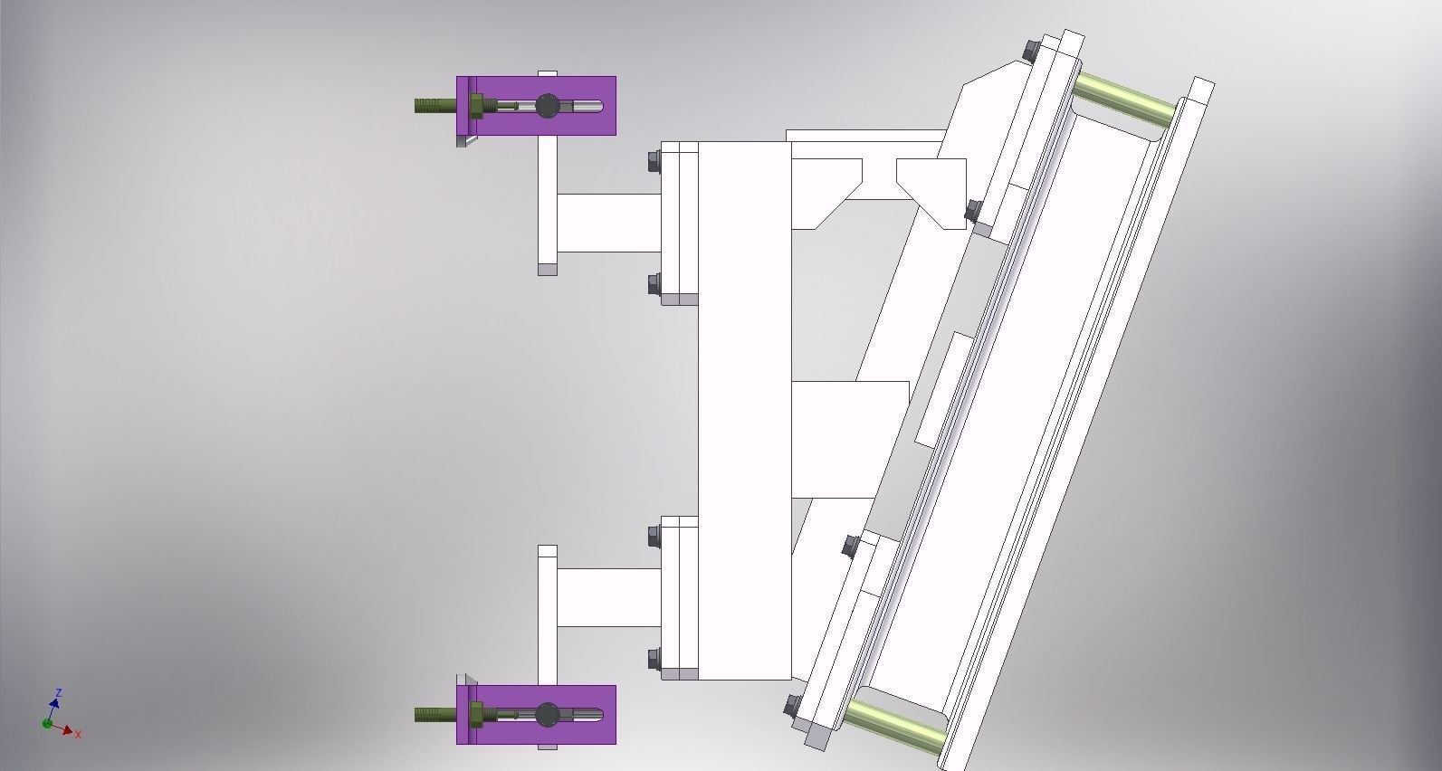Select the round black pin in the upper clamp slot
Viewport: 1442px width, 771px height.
point(548,106)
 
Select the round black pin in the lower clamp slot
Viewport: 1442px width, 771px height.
point(547,715)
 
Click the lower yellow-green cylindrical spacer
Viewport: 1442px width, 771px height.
point(894,723)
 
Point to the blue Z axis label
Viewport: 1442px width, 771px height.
point(59,693)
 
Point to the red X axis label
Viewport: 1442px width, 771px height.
point(79,735)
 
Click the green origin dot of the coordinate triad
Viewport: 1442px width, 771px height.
point(47,723)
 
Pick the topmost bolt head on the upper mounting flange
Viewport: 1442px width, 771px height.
point(654,163)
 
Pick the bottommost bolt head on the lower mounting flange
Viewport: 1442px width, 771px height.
point(654,659)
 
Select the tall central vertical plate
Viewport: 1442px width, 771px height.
point(744,407)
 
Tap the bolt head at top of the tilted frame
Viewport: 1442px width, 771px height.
point(1030,51)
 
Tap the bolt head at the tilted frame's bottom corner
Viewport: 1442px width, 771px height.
point(791,707)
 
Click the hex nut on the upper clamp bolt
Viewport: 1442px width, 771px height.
point(476,106)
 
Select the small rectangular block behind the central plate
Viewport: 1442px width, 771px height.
point(849,438)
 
